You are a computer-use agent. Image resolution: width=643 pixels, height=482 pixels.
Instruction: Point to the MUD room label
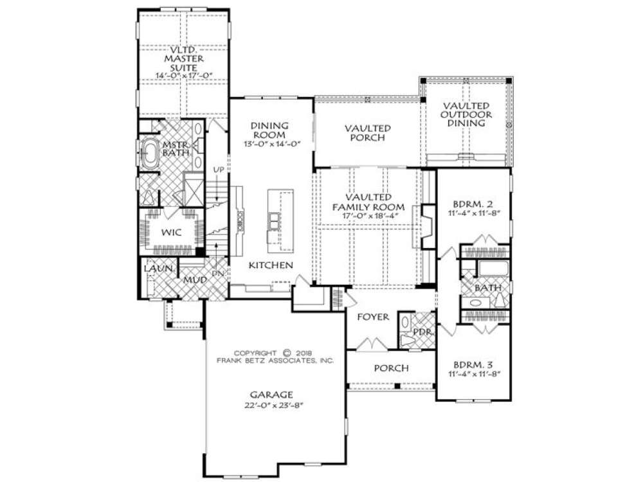click(195, 280)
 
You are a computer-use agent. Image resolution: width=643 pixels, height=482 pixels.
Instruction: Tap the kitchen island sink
click(273, 221)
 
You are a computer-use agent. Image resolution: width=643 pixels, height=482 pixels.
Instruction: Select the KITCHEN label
click(272, 265)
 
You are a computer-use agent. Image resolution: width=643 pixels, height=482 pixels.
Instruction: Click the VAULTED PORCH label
click(365, 132)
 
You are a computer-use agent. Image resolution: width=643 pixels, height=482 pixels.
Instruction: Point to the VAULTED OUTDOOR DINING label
click(466, 114)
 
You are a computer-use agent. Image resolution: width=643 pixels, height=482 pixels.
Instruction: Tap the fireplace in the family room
click(427, 226)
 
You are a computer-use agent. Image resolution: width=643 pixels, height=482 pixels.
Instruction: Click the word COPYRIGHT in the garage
click(256, 353)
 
